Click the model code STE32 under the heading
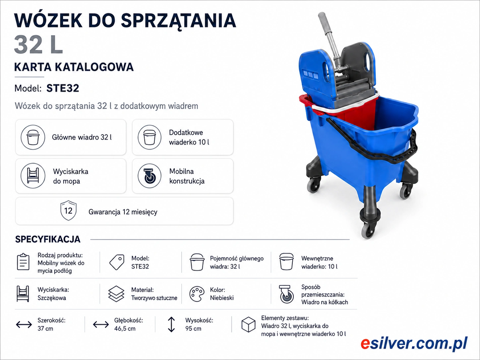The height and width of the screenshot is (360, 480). click(x=63, y=88)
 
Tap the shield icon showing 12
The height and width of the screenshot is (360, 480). click(x=68, y=210)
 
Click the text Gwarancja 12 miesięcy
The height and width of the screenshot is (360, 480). click(x=123, y=212)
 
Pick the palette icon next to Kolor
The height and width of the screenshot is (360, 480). click(x=197, y=294)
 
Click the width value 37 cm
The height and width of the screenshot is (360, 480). click(x=45, y=329)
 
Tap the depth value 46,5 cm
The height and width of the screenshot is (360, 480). click(x=125, y=329)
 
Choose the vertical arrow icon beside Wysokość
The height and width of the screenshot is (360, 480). click(x=171, y=325)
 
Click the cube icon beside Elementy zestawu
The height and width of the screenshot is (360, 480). click(x=248, y=325)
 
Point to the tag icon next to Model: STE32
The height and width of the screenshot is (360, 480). click(x=117, y=262)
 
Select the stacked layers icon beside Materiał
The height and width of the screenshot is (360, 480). click(x=116, y=294)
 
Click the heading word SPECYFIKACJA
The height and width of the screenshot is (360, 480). click(x=48, y=239)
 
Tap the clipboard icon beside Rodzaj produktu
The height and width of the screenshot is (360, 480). click(x=23, y=262)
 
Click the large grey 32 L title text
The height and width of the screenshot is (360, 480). click(x=38, y=45)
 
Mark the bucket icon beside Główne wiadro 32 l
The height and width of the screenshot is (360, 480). click(x=33, y=137)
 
